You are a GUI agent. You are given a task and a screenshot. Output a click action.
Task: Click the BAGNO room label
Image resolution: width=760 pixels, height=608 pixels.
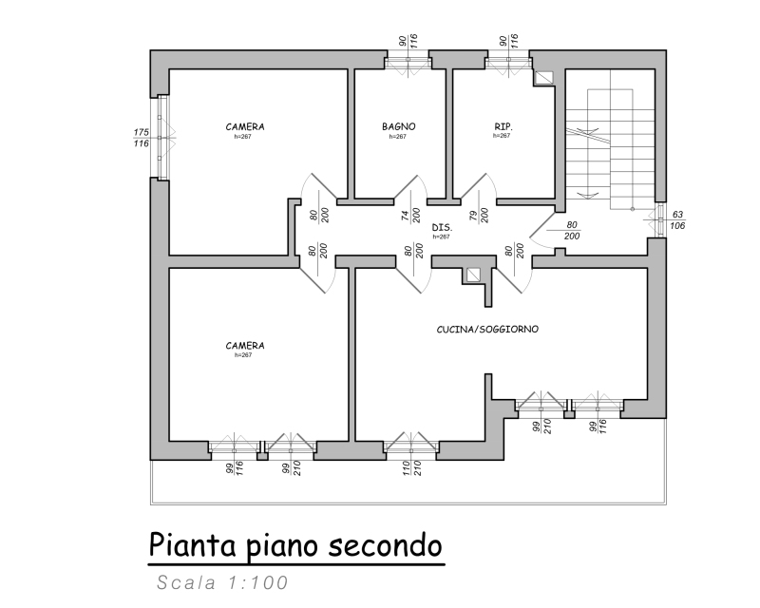(x=399, y=126)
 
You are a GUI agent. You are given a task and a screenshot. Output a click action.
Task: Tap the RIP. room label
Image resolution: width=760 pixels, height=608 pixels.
(x=503, y=125)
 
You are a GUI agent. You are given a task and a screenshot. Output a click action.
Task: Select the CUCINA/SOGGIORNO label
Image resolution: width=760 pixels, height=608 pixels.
(x=488, y=329)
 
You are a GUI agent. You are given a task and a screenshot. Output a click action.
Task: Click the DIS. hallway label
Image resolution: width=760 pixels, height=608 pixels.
(x=441, y=229)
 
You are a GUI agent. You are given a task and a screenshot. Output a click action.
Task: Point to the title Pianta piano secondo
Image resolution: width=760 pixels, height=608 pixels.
(x=295, y=546)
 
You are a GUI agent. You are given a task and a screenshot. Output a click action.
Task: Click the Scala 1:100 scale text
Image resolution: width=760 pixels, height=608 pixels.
(x=222, y=582)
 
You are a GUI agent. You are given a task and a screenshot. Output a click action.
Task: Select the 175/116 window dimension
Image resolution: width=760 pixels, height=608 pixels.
(x=141, y=138)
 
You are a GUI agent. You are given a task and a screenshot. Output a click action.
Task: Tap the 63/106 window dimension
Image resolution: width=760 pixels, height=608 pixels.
(x=677, y=220)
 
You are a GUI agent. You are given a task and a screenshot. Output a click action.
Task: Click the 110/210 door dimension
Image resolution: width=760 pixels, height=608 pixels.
(x=410, y=467)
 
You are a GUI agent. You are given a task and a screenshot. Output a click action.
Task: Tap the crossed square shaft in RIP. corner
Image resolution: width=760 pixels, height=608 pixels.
(x=544, y=78)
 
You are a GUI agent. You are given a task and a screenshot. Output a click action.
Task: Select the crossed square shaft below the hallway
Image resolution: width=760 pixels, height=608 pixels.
(x=473, y=275)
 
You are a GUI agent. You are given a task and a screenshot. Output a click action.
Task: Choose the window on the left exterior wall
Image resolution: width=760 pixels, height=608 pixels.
(x=161, y=136)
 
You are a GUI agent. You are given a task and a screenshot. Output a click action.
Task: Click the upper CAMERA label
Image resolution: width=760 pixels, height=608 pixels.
(x=244, y=126)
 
